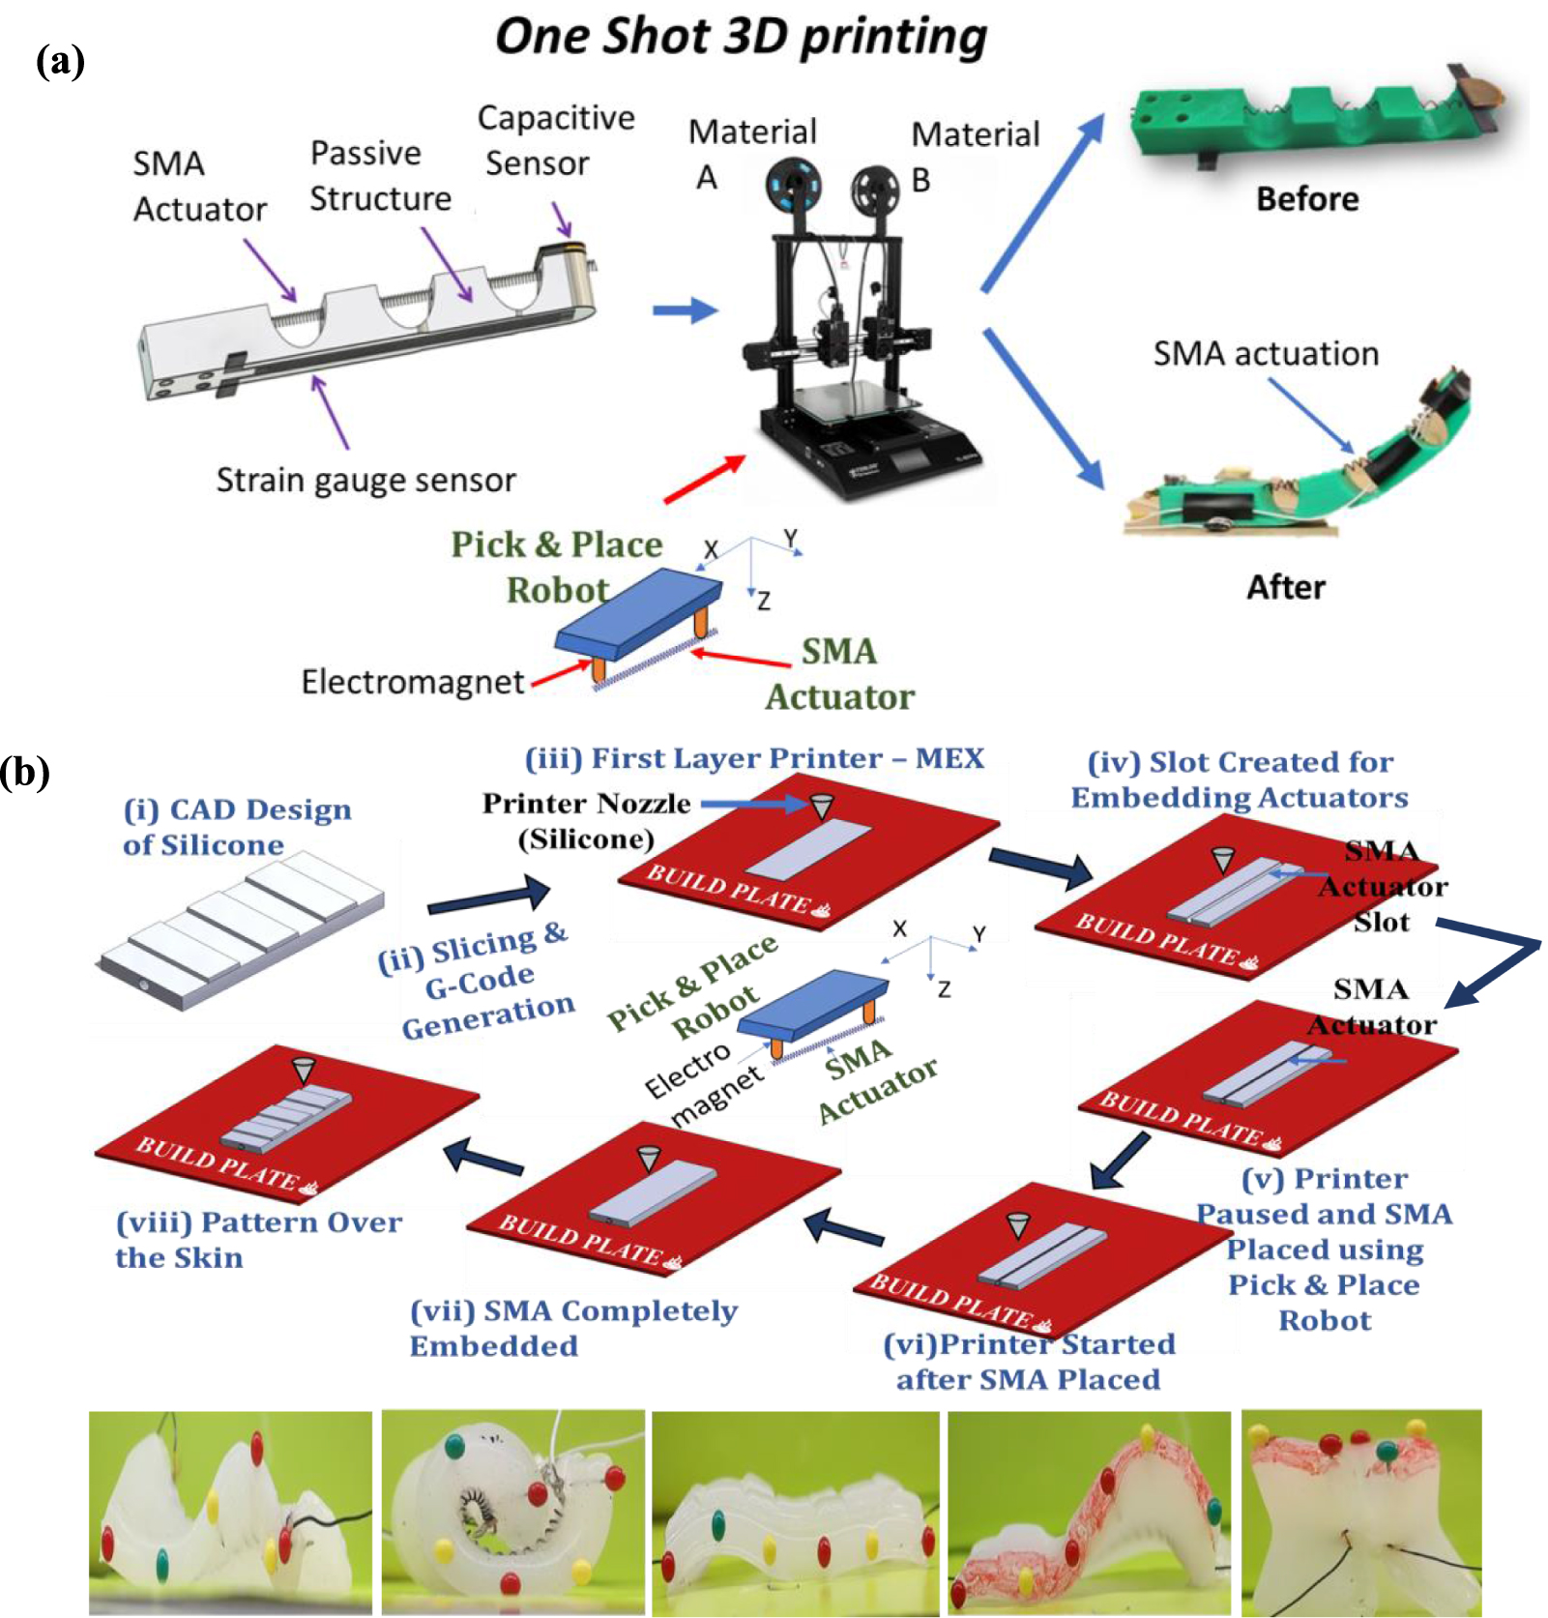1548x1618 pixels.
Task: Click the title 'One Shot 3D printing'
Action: coord(741,37)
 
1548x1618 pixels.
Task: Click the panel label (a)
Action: coord(60,62)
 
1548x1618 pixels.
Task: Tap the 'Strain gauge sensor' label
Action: coord(365,480)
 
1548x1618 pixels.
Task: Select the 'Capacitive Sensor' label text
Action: coord(555,140)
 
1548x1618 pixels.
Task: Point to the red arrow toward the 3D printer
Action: coord(705,479)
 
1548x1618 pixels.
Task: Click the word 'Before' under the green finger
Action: coord(1306,199)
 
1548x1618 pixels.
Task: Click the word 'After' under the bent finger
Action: coord(1285,587)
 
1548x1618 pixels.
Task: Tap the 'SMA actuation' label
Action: coord(1265,354)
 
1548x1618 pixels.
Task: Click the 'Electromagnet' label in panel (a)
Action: coord(413,682)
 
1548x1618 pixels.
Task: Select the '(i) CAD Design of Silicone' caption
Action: coord(236,827)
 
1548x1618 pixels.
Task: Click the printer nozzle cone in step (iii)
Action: coord(821,805)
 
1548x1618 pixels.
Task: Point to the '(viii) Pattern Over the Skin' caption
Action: coord(257,1239)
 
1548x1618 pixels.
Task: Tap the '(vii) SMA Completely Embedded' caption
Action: coord(572,1328)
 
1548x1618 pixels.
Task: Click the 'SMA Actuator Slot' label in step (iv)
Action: coord(1383,887)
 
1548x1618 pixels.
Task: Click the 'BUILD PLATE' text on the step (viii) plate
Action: coord(217,1163)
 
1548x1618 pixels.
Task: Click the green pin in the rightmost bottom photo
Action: coord(1386,1453)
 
